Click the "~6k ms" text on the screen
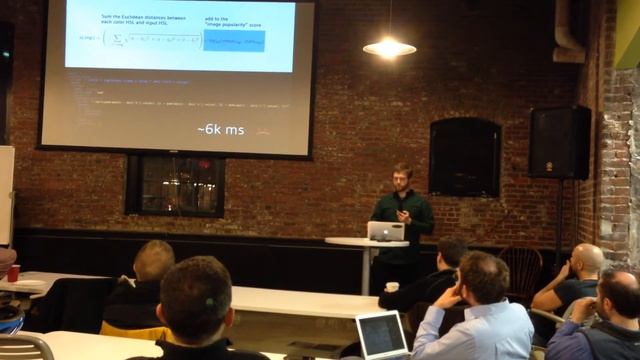220,130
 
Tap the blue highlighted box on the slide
233,41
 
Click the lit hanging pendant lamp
389,46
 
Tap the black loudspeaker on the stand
559,142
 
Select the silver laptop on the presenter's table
386,231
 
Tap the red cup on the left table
13,273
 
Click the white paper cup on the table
391,288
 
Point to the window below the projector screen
175,185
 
